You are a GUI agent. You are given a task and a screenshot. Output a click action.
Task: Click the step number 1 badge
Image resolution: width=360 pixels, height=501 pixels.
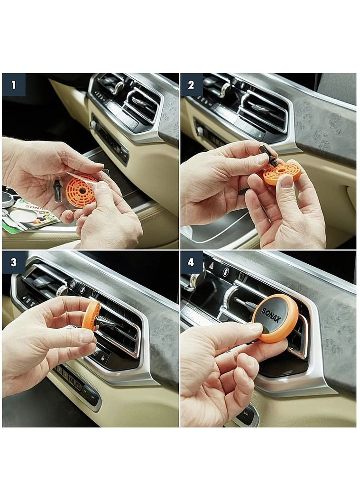[13, 85]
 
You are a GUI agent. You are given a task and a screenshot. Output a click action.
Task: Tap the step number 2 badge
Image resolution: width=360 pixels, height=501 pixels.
[192, 85]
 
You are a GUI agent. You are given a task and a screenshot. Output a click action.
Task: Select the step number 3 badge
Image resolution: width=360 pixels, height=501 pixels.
[13, 262]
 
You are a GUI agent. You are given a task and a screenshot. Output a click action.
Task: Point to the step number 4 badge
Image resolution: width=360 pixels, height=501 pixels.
[192, 262]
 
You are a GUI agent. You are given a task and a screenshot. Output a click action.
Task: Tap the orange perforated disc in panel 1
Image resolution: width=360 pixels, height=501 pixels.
[82, 189]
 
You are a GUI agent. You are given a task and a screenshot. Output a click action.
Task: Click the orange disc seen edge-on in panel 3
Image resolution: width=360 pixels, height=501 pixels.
[90, 315]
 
